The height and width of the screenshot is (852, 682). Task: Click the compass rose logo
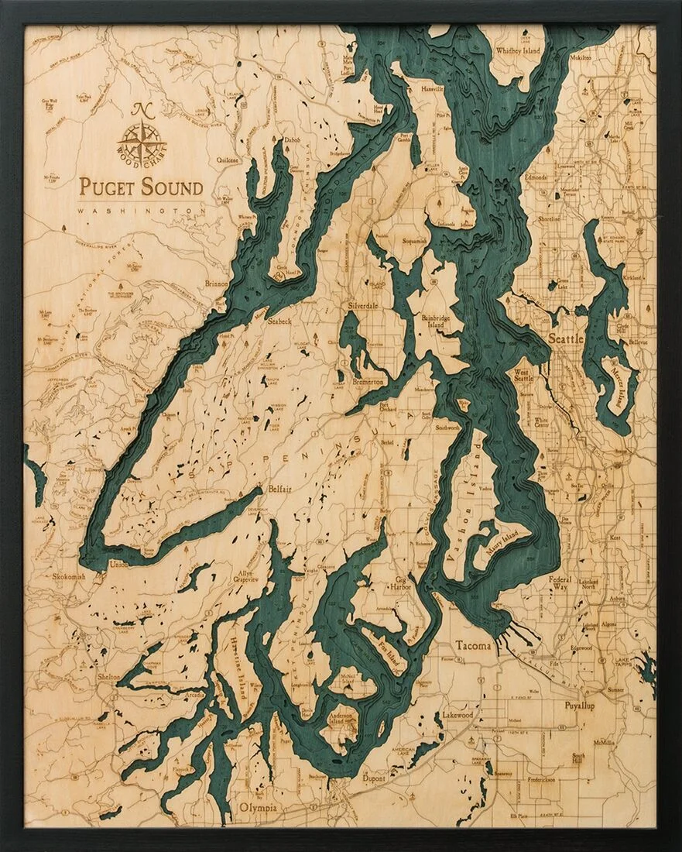[x=142, y=139]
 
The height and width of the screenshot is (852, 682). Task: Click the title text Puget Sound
[x=141, y=187]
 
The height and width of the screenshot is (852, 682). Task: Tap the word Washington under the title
[x=141, y=211]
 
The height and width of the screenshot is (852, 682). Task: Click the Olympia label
[x=258, y=807]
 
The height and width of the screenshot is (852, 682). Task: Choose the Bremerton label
[x=368, y=383]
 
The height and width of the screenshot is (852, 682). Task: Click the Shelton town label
[x=108, y=676]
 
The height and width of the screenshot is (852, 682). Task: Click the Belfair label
[x=279, y=490]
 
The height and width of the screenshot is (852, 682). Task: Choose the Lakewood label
[x=457, y=715]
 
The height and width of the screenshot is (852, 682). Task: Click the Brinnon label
[x=217, y=284]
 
